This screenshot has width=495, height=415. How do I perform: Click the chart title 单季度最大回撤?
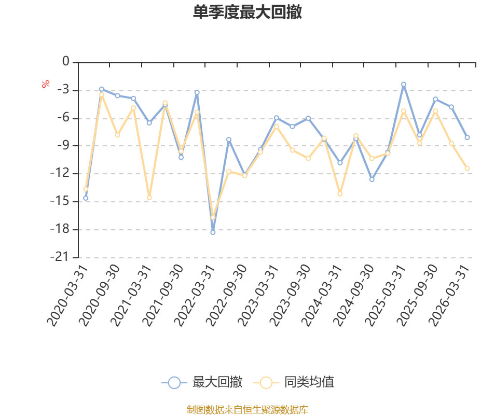[247, 12]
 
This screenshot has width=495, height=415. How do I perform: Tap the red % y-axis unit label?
[46, 84]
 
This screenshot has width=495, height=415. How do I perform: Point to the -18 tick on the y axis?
[60, 229]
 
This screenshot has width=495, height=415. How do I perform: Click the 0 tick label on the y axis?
[66, 61]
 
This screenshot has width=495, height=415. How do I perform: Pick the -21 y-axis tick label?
[60, 257]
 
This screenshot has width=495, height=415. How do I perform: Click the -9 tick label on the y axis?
[63, 145]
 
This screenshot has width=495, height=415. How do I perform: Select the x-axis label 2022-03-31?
[195, 296]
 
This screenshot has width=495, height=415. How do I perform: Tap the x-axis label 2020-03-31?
[67, 296]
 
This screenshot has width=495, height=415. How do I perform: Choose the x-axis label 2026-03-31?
[449, 296]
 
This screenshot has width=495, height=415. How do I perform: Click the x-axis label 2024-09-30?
[354, 296]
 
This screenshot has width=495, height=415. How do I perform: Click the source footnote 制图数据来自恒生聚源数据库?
[247, 409]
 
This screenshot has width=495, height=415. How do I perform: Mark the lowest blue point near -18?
[213, 232]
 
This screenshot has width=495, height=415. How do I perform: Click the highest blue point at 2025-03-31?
[404, 84]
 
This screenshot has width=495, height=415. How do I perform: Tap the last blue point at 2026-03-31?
[467, 137]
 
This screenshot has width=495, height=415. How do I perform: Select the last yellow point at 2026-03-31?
[467, 168]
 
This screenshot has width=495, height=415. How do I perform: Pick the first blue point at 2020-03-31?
[86, 198]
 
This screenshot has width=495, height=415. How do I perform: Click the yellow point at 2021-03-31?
[149, 198]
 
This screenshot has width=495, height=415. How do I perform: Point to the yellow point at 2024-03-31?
[340, 194]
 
